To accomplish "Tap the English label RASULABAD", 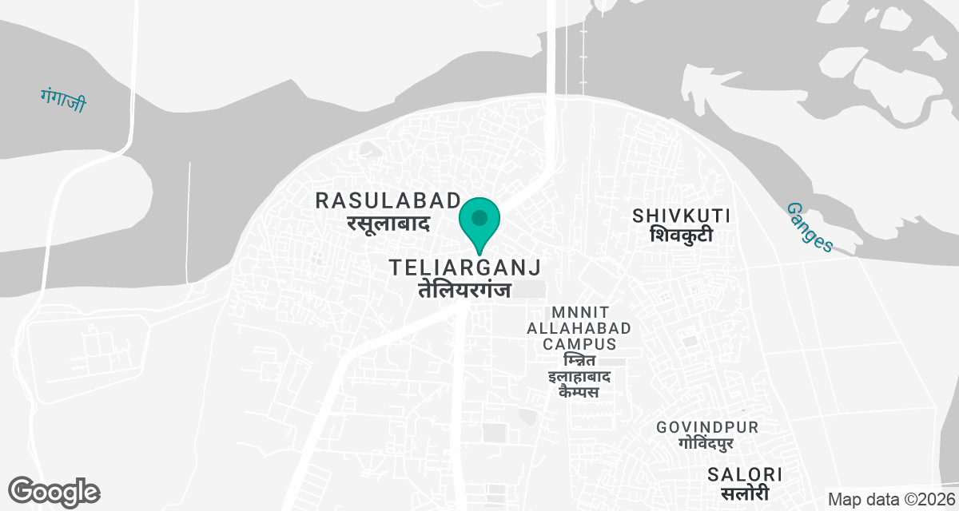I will pos(388,200).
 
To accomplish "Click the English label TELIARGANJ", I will pos(466,267).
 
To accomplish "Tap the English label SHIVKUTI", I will pos(682,216).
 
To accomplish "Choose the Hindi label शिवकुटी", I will pos(681,236).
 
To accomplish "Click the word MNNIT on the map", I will pos(579,311).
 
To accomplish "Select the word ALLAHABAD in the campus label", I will pos(579,327).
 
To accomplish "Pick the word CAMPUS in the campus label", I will pos(579,344).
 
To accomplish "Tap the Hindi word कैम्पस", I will pos(579,392).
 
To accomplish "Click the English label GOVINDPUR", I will pos(707,428).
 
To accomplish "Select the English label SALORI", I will pos(745,474).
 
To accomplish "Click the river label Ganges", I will pos(810,227).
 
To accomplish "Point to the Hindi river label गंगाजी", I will pos(63,99).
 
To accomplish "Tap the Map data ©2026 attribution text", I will pos(890,500).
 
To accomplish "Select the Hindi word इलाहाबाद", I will pos(579,376).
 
